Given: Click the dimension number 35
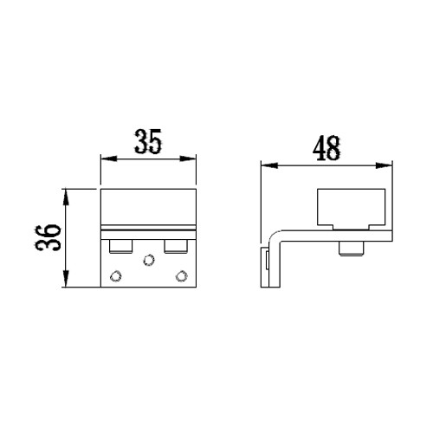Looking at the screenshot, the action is click(x=148, y=141).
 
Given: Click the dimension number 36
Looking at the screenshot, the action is click(x=48, y=237).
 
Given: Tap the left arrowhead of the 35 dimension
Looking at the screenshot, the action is click(x=109, y=158).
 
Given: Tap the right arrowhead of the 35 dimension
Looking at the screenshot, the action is click(x=188, y=158).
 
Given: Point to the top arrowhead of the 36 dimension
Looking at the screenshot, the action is click(x=66, y=197).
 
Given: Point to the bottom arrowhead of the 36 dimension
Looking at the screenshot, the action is click(x=66, y=279).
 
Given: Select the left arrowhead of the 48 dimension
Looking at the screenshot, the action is click(x=269, y=165).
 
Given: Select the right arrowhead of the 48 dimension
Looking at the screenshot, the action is click(x=384, y=165).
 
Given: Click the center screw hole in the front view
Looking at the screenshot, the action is click(x=149, y=260).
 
